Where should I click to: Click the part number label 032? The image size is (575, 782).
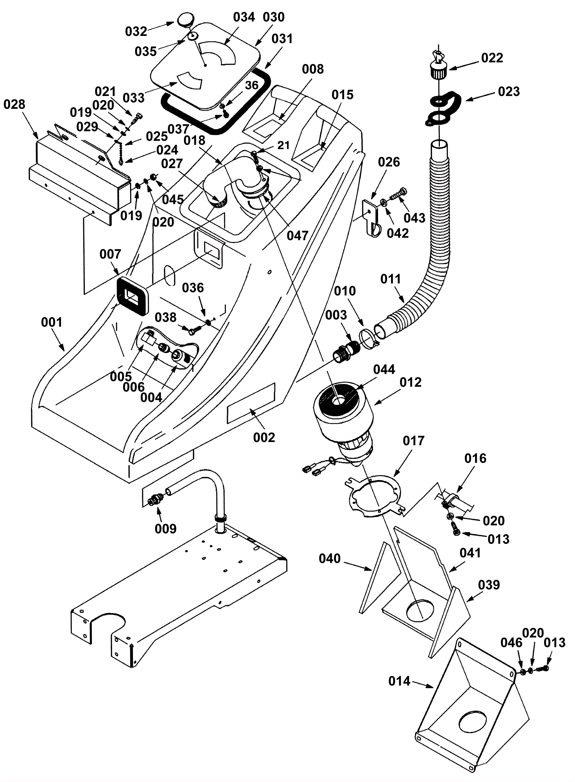tap(136, 32)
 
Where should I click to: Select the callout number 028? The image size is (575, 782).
tap(14, 105)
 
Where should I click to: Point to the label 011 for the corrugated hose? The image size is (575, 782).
tap(390, 279)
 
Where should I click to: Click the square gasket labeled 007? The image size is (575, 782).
tap(132, 296)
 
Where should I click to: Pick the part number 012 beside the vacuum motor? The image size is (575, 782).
tap(410, 382)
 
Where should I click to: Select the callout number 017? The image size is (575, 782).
tap(413, 441)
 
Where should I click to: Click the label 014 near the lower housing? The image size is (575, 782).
tap(399, 681)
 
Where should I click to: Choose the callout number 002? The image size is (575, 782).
tap(264, 437)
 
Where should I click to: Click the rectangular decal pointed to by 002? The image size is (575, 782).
tap(251, 403)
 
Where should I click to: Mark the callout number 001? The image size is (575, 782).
tap(52, 322)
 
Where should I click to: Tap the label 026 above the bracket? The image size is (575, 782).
tap(389, 162)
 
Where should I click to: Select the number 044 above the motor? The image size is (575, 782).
tap(384, 369)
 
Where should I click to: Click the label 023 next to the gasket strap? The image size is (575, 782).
tap(509, 91)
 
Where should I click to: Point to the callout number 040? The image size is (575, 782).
tap(330, 558)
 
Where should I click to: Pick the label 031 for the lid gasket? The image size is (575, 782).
tap(282, 39)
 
